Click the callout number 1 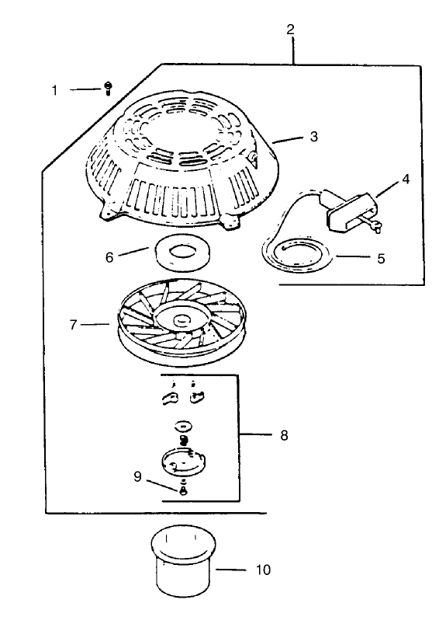click(54, 90)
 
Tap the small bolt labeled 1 click(108, 89)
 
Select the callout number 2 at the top click(290, 29)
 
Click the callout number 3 click(313, 137)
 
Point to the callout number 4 click(406, 179)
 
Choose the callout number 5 click(381, 259)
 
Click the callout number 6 click(109, 257)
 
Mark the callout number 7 click(73, 325)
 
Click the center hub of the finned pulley click(182, 319)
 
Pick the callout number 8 click(284, 435)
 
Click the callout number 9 click(137, 476)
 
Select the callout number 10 click(263, 570)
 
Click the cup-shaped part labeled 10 click(183, 562)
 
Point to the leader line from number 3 click(289, 140)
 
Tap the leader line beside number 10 click(230, 570)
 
